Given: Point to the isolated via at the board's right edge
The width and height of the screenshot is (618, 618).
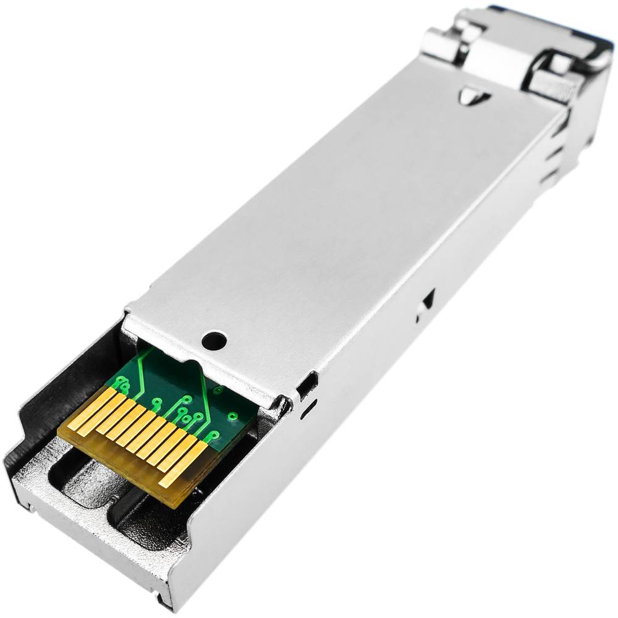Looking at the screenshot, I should (x=233, y=416).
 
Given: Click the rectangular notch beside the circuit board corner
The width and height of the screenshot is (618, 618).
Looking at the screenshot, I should (x=304, y=387).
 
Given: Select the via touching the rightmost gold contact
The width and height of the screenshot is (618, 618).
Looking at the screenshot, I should (x=206, y=434).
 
